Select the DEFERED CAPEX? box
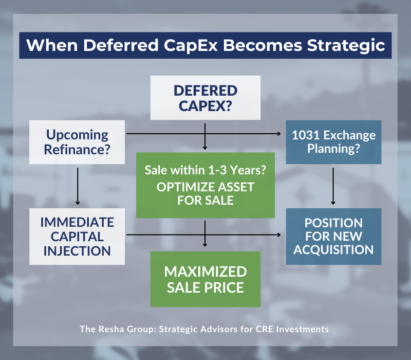[205, 98]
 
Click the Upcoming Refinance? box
[77, 142]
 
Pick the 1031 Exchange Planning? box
[333, 142]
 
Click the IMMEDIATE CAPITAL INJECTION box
[77, 237]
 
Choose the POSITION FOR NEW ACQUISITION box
[333, 237]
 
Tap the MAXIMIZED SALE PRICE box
[206, 279]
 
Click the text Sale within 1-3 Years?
[206, 170]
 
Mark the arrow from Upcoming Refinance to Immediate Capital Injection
[77, 188]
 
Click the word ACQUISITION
[333, 250]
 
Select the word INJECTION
[77, 251]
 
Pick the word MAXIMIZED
[206, 272]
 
